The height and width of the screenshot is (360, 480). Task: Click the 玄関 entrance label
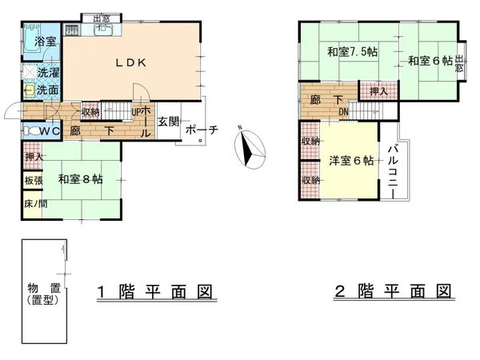[168, 122]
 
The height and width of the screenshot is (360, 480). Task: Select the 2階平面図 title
[392, 290]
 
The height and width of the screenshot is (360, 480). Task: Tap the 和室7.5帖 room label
[352, 54]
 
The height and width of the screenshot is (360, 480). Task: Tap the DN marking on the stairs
[342, 113]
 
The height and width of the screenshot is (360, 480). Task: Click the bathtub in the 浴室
[34, 42]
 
